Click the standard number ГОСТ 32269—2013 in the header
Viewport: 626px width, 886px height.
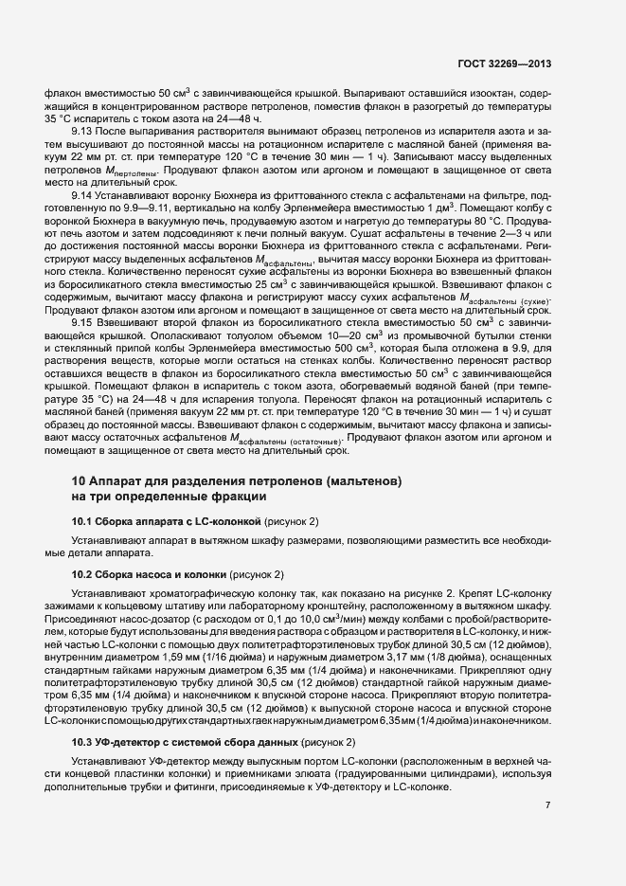[x=500, y=64]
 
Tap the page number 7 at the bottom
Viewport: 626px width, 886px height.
[x=547, y=805]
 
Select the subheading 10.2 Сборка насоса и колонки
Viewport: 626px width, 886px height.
[x=150, y=575]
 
